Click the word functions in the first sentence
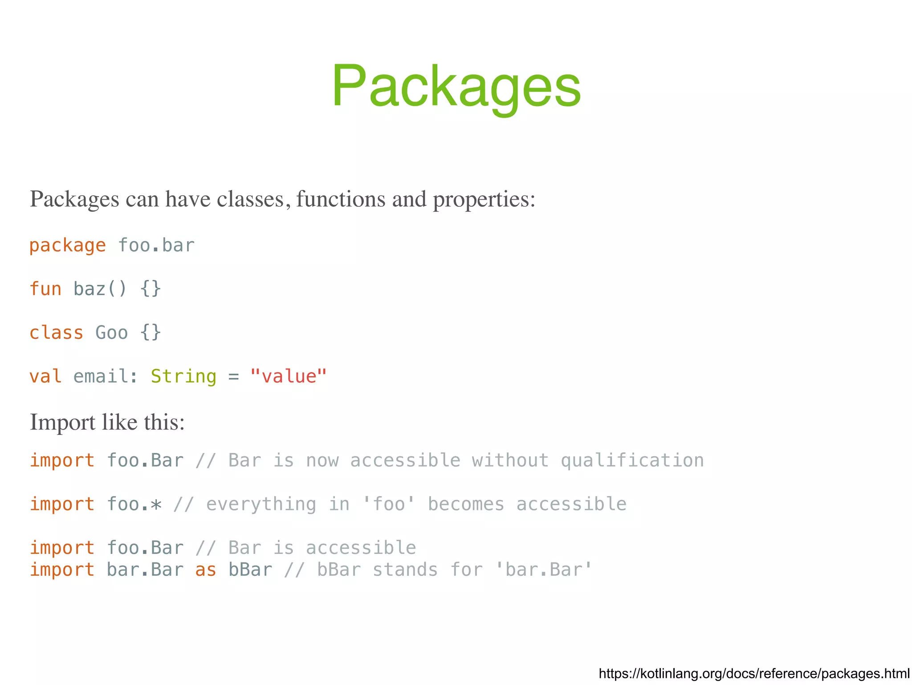click(x=340, y=199)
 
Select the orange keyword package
click(x=68, y=246)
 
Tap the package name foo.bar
click(x=156, y=246)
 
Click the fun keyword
click(x=45, y=289)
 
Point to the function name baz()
click(x=100, y=289)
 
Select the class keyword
click(x=57, y=333)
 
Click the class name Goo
click(x=112, y=333)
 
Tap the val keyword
click(x=45, y=377)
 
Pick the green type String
click(x=183, y=377)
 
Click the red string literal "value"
click(x=289, y=377)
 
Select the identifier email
click(x=101, y=377)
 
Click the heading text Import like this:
click(x=107, y=422)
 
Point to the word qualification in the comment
click(x=632, y=460)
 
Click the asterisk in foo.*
click(x=156, y=505)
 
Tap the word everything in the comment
click(x=261, y=505)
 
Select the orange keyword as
click(x=206, y=570)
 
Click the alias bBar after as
click(x=250, y=570)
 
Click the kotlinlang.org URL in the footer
click(x=754, y=673)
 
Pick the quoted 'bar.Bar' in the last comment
click(x=544, y=570)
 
